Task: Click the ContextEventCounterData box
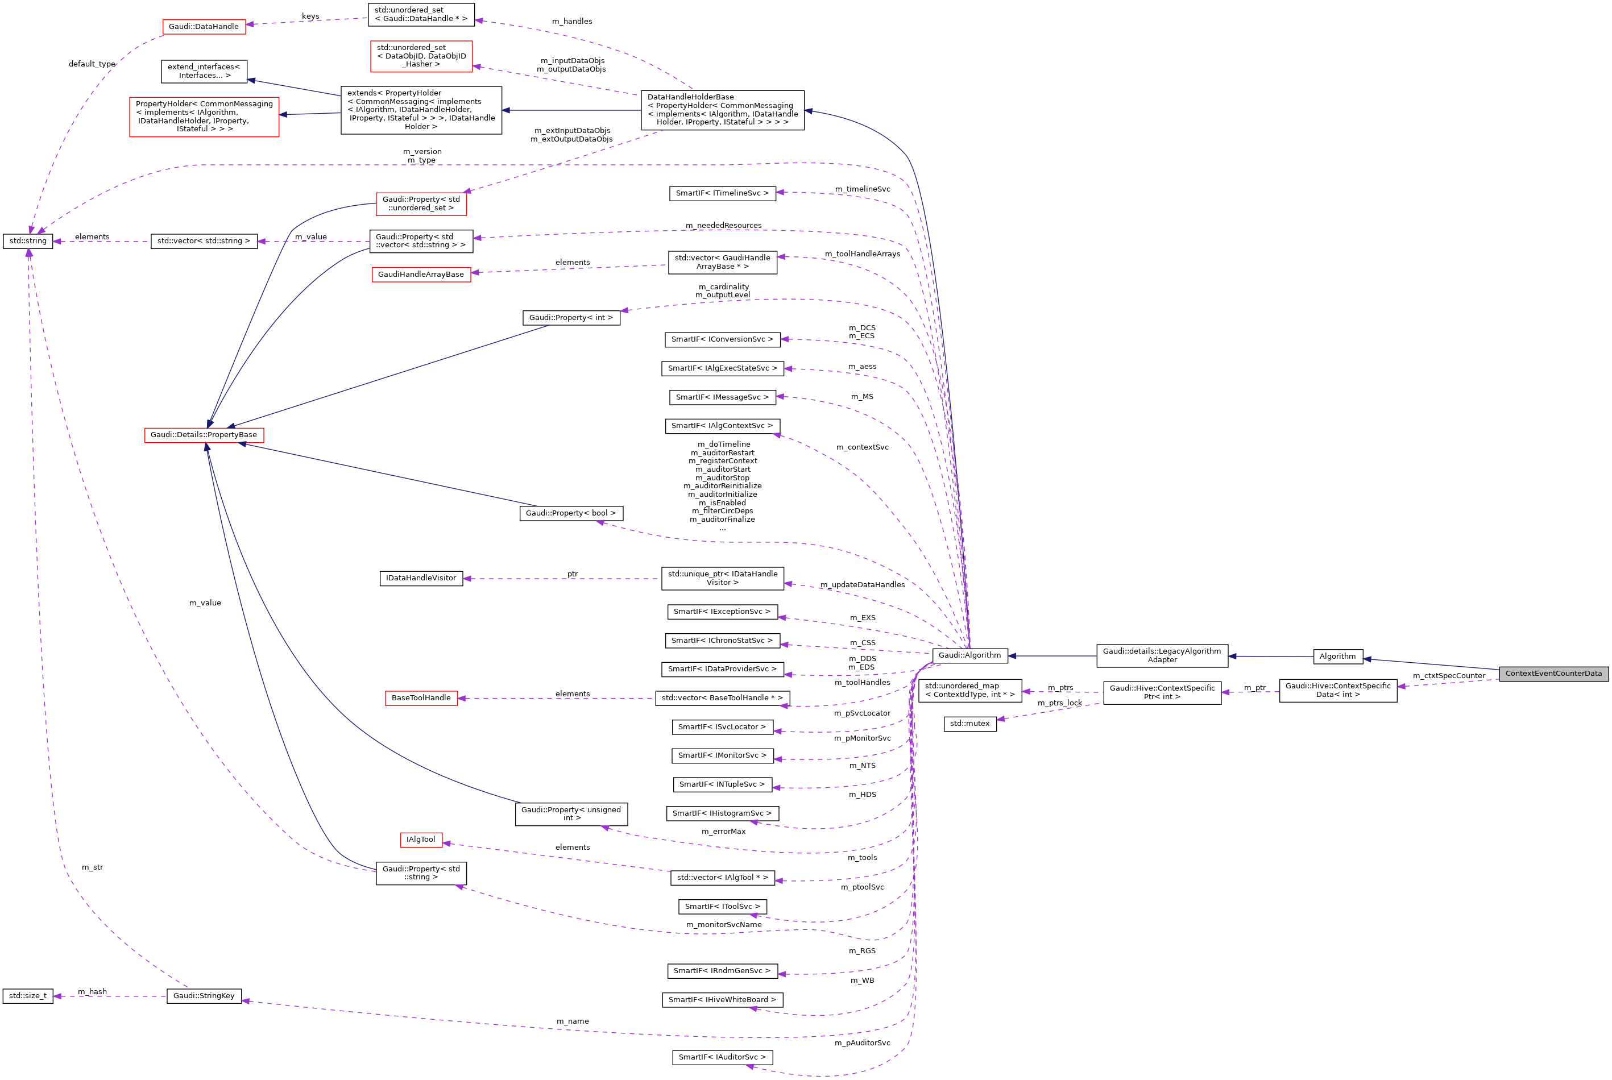click(x=1553, y=674)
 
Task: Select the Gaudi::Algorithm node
click(x=969, y=655)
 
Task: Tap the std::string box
click(x=28, y=241)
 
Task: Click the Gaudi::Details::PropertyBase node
click(x=204, y=435)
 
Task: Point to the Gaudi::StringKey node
click(x=204, y=996)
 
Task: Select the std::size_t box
click(x=28, y=996)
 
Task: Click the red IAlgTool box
click(x=421, y=840)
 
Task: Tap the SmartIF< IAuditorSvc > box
click(x=722, y=1057)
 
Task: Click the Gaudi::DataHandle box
click(x=204, y=27)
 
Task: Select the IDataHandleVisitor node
click(x=421, y=579)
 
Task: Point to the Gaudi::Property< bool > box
click(x=571, y=514)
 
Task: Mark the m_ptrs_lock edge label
click(x=1059, y=703)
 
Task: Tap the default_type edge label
click(x=92, y=64)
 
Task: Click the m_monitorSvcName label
click(x=724, y=925)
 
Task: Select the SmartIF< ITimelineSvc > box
click(x=722, y=193)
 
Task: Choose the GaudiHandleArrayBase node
click(x=421, y=275)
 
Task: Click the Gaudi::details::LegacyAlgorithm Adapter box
click(x=1162, y=656)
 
